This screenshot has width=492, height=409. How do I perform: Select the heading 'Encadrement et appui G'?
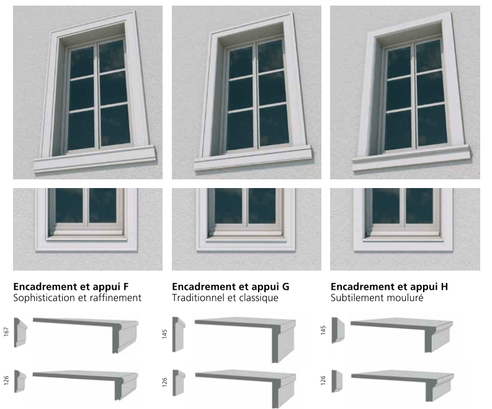(x=230, y=287)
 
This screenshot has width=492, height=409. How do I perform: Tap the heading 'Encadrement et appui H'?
(x=389, y=287)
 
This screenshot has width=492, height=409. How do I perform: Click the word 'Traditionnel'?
(x=198, y=298)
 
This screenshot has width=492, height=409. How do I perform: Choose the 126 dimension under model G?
(x=165, y=381)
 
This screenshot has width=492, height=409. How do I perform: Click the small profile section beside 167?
(x=20, y=332)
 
